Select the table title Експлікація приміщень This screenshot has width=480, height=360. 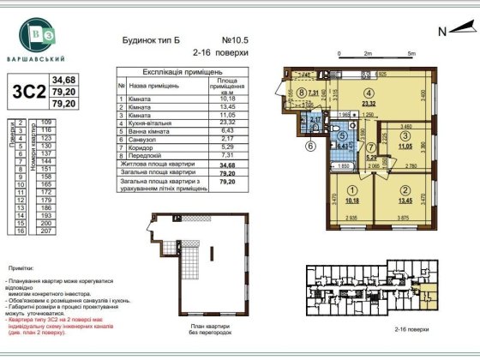point(179,75)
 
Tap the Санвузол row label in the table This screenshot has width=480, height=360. point(147,139)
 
